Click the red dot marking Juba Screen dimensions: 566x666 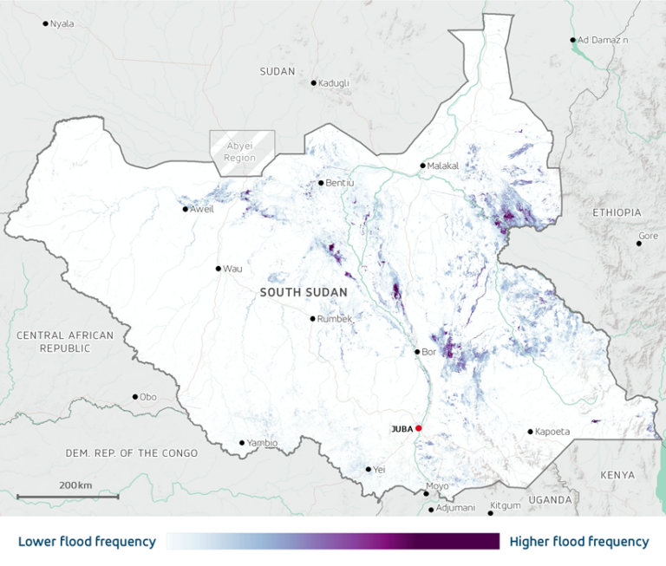418,428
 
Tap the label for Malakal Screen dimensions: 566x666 443,166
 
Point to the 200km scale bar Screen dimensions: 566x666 68,497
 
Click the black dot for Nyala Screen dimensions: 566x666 46,23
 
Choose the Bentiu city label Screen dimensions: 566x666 337,183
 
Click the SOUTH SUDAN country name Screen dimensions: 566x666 304,293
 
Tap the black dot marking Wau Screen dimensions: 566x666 219,269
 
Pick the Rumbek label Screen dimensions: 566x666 336,319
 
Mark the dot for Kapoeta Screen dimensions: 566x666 530,432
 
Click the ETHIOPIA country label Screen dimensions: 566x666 617,212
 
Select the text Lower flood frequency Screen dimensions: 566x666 87,542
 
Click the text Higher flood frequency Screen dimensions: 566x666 578,542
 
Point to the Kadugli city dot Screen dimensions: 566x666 314,83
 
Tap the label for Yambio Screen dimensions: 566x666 263,443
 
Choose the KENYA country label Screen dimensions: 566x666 617,475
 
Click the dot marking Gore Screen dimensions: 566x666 639,244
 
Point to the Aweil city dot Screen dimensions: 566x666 186,209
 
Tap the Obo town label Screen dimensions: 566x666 148,397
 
